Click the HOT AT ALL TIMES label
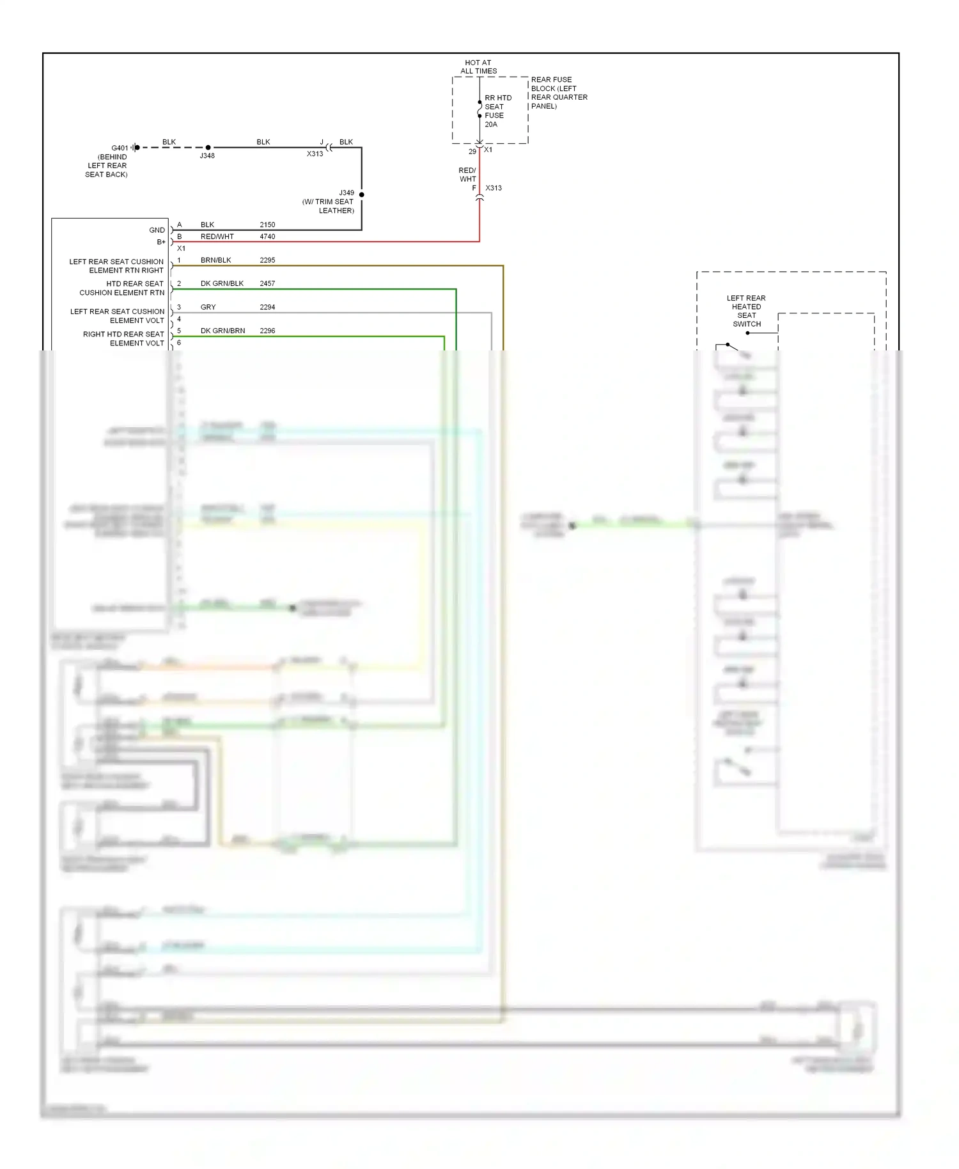click(478, 67)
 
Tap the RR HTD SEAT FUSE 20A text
click(497, 111)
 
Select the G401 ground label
click(120, 148)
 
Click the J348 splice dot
click(208, 148)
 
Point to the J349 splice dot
click(362, 194)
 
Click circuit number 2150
click(267, 225)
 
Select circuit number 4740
click(267, 237)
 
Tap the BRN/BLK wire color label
click(215, 260)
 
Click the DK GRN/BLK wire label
click(222, 284)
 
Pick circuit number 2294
click(267, 308)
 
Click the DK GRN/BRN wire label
click(222, 331)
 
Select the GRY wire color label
click(208, 308)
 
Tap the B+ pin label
click(161, 242)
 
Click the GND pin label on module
click(157, 230)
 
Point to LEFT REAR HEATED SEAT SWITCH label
click(746, 311)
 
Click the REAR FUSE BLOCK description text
click(558, 93)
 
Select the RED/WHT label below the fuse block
click(467, 175)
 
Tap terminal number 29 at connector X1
click(472, 152)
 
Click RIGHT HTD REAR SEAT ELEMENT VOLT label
click(123, 339)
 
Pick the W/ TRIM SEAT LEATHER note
click(328, 206)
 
